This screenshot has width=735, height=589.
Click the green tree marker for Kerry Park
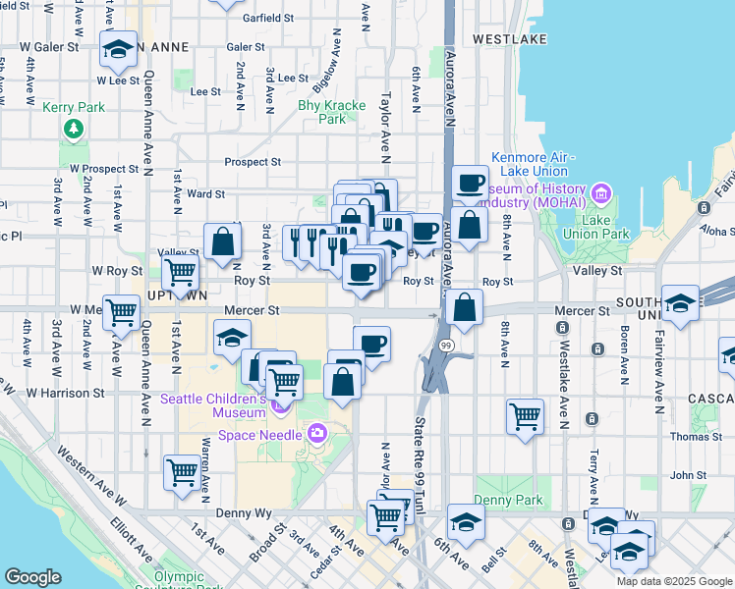click(73, 129)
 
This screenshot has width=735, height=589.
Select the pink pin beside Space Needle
click(316, 433)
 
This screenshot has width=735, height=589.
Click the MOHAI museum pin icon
click(601, 192)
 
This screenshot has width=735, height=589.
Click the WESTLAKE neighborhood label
click(508, 39)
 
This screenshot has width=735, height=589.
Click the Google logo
click(32, 577)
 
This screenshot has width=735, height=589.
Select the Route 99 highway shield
click(446, 346)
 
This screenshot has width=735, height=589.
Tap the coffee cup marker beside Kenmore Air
click(470, 183)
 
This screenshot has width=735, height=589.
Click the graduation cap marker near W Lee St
click(119, 50)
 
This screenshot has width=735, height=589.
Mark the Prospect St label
click(253, 162)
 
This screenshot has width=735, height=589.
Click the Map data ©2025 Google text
click(674, 581)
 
